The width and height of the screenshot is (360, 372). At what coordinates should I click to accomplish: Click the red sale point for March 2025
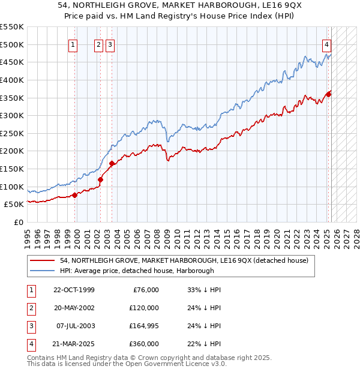tap(329, 94)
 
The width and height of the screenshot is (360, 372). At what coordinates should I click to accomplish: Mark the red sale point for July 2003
tap(112, 163)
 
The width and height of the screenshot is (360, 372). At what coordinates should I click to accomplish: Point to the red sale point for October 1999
tap(74, 195)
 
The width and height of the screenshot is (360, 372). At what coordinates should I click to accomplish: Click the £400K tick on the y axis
tap(12, 80)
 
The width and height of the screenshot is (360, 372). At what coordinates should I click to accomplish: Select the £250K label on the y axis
tap(12, 133)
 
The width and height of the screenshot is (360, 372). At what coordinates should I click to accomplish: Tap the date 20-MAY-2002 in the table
tap(73, 308)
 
